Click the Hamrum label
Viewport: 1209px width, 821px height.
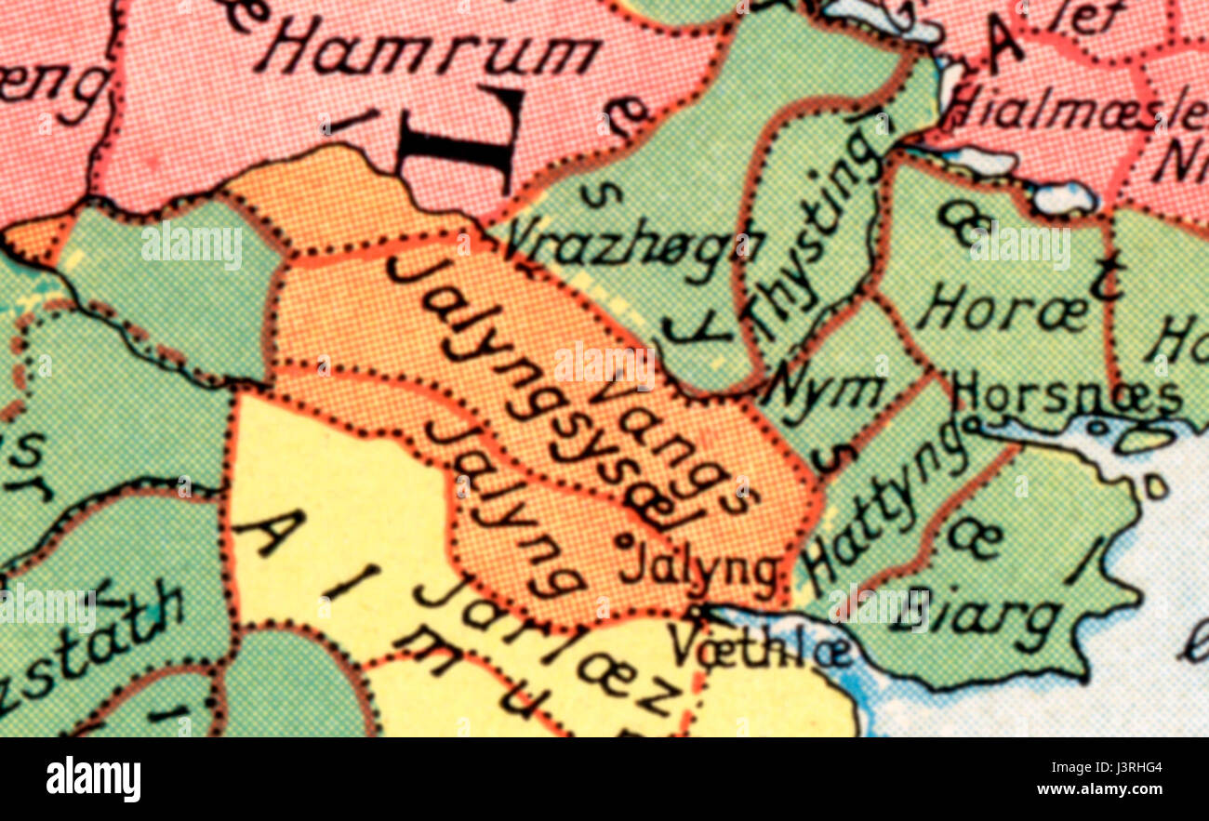point(428,54)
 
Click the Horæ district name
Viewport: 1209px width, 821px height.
point(1001,311)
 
